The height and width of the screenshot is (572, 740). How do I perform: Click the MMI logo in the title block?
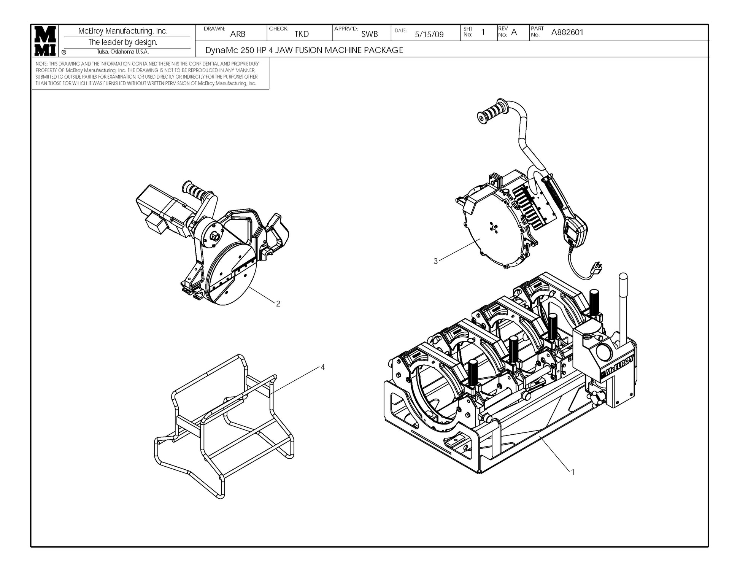(x=46, y=41)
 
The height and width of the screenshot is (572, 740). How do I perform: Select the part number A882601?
(x=567, y=33)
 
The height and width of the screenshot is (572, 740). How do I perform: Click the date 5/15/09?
(x=429, y=35)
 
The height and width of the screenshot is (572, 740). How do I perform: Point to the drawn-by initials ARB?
(x=238, y=34)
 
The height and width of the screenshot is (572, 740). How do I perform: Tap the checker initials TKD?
(x=302, y=34)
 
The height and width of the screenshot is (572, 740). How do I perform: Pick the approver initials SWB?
(x=369, y=34)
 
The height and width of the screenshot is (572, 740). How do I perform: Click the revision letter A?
(x=514, y=32)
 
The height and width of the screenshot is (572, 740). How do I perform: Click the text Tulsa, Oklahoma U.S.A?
(x=122, y=52)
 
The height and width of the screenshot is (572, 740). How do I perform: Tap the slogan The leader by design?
(x=122, y=42)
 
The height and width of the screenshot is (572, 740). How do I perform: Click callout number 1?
(x=573, y=472)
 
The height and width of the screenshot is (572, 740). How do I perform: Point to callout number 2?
(x=278, y=304)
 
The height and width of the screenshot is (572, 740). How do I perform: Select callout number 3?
(x=436, y=261)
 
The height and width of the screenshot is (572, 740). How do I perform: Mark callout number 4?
(x=322, y=367)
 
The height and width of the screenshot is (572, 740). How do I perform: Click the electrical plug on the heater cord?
(x=597, y=269)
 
